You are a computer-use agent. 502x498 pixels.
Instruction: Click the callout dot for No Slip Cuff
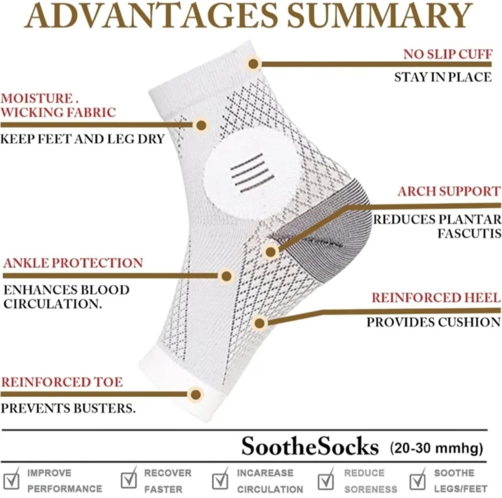pos(253,64)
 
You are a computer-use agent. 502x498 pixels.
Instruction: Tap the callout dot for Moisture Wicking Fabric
pos(201,125)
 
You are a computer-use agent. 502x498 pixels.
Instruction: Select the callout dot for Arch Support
pos(271,252)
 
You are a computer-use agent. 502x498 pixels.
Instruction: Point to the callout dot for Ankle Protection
pos(226,276)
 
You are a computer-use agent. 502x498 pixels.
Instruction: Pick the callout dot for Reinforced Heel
pos(260,323)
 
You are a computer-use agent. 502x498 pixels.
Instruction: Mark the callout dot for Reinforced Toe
pos(196,394)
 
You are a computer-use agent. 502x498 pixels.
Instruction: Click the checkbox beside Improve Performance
pos(12,479)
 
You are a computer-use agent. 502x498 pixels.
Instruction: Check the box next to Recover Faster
pos(129,478)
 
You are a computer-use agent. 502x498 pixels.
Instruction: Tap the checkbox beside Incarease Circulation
pos(221,479)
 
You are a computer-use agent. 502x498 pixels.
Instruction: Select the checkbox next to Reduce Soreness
pos(326,479)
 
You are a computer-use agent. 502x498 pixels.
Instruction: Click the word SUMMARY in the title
pos(380,15)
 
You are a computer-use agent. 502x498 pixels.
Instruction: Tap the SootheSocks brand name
pos(310,446)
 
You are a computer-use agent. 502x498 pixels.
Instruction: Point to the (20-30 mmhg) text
pos(436,448)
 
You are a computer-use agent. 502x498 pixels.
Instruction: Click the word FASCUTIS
pos(469,233)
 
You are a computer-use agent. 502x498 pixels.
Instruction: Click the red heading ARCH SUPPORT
pos(449,191)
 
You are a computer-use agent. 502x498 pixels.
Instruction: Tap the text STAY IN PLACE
pos(443,77)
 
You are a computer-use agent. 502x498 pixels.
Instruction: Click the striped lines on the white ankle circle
pos(252,173)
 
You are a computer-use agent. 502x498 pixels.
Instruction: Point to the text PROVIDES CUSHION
pos(434,322)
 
